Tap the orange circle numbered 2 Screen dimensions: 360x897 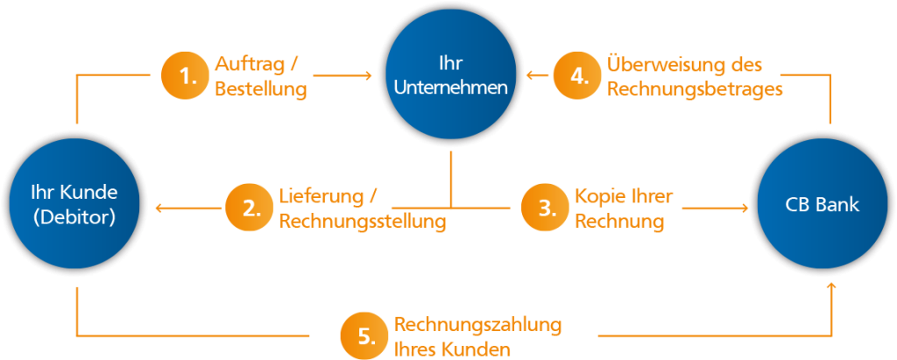click(251, 208)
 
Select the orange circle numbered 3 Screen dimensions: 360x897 click(546, 208)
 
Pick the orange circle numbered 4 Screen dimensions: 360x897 click(578, 76)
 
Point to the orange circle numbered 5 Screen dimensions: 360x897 click(365, 336)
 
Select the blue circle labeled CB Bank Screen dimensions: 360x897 click(823, 207)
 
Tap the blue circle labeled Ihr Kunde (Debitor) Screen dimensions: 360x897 click(74, 207)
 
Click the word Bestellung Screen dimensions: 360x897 click(260, 89)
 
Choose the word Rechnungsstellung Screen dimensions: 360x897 click(362, 222)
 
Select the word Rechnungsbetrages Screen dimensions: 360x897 click(694, 88)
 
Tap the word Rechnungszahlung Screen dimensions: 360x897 click(477, 324)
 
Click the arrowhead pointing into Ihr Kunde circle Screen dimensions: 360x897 click(159, 208)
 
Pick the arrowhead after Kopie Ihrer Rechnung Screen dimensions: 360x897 click(745, 208)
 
